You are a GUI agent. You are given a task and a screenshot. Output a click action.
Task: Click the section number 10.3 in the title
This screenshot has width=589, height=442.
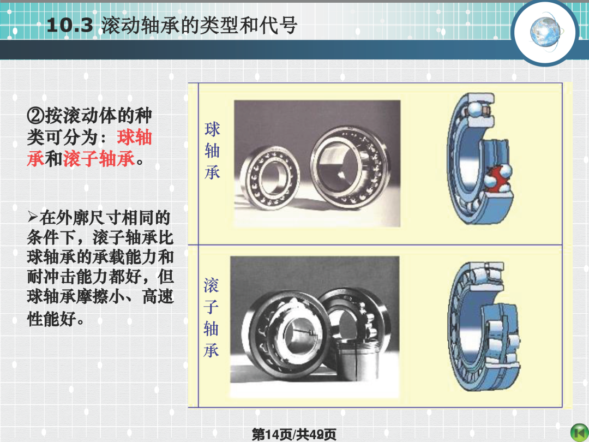click(69, 26)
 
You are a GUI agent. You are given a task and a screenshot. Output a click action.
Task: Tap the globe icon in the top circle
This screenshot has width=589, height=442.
click(545, 32)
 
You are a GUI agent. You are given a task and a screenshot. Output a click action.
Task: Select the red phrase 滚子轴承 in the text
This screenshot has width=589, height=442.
click(99, 158)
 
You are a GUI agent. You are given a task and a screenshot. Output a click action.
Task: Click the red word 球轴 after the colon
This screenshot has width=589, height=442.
click(135, 137)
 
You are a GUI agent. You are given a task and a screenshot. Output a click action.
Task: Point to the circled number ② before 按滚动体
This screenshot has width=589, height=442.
click(35, 115)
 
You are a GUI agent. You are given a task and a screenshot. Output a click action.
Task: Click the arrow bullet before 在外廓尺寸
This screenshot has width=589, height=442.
click(33, 217)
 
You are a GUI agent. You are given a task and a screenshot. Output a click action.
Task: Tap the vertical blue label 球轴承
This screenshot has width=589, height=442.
click(212, 151)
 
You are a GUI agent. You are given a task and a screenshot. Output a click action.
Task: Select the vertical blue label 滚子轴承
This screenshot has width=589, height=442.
click(211, 318)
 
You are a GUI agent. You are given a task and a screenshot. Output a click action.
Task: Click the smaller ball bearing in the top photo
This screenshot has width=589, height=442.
click(269, 177)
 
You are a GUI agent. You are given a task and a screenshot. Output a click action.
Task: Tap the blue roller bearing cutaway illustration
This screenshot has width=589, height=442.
click(485, 327)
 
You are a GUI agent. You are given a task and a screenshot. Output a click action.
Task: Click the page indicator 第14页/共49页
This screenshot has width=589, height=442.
click(294, 434)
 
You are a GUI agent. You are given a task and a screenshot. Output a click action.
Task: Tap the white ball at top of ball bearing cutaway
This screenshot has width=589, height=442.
click(474, 109)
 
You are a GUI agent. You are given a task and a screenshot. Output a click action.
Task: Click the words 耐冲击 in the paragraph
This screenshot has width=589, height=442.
click(51, 277)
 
